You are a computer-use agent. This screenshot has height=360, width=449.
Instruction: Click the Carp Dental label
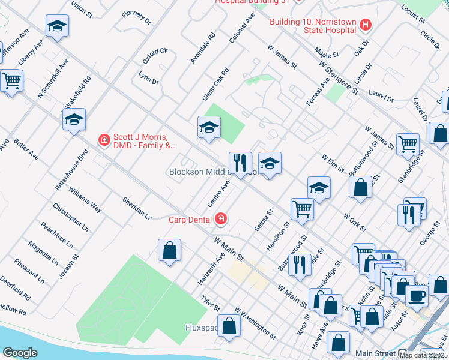point(191,219)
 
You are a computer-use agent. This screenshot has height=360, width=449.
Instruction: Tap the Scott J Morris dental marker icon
point(104,140)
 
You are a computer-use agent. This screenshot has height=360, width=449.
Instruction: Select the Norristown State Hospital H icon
point(366,25)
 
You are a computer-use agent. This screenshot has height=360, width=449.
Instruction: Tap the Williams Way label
point(85,200)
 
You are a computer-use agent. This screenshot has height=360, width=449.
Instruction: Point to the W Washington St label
point(255,324)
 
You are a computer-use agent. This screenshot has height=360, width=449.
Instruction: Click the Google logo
point(20,352)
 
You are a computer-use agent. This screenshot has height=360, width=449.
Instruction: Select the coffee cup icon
point(417,295)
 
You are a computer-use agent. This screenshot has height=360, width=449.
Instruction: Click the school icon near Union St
point(57,26)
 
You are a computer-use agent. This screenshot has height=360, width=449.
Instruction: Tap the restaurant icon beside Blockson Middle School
point(240,163)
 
